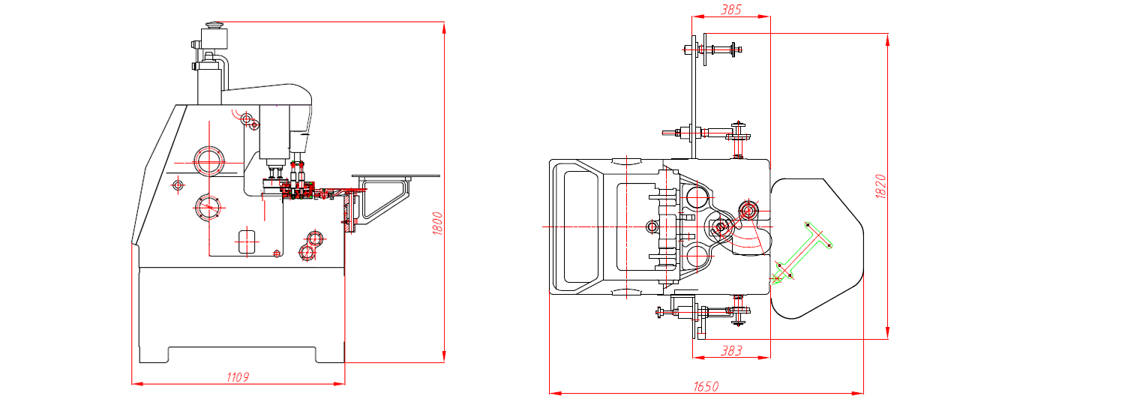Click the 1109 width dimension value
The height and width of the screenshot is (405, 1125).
(x=238, y=377)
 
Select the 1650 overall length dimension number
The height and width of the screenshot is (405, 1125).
(x=706, y=386)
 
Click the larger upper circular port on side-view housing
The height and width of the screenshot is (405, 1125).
(x=208, y=160)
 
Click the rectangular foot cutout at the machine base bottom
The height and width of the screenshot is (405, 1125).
(x=241, y=354)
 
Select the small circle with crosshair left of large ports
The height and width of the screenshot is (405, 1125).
(x=178, y=184)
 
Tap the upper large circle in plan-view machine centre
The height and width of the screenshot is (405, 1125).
(x=695, y=197)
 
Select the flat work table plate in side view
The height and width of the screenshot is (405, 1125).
(x=395, y=175)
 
